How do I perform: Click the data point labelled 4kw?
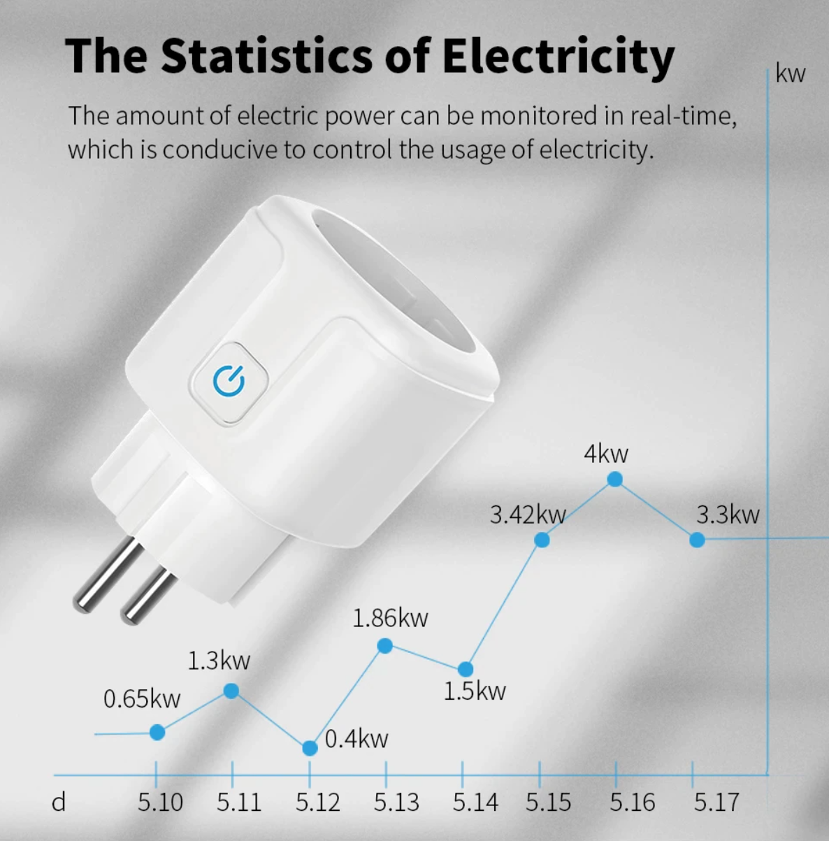(614, 479)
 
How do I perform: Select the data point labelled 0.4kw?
(310, 748)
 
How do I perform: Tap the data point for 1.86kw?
(384, 646)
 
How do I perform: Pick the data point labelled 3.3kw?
(697, 540)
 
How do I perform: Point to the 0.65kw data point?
(157, 732)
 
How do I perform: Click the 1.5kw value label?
(474, 691)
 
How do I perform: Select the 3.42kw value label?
(527, 515)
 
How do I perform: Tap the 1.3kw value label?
(218, 661)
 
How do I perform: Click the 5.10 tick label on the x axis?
(160, 803)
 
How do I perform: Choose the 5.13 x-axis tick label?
(396, 803)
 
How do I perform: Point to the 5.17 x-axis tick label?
(716, 803)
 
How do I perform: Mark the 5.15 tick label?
(548, 803)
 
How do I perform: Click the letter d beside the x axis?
(59, 803)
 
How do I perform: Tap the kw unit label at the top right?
(790, 74)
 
